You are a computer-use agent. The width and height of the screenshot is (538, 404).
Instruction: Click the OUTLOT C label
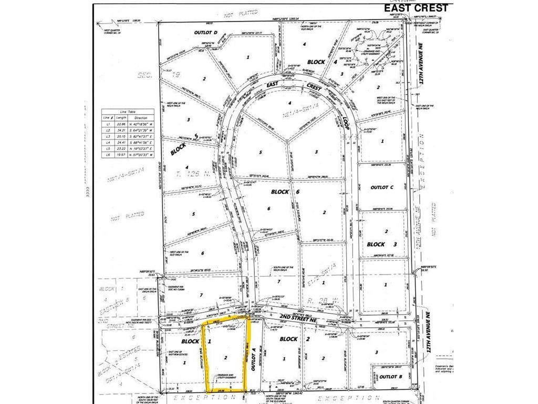click(382, 187)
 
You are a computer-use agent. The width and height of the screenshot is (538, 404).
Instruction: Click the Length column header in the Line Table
click(122, 118)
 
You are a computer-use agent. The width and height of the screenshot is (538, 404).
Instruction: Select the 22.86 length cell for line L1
click(122, 123)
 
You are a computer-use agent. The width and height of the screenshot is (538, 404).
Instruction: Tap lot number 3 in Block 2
click(377, 352)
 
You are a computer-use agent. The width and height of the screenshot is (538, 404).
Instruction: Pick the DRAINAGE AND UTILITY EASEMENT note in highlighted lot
click(227, 377)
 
